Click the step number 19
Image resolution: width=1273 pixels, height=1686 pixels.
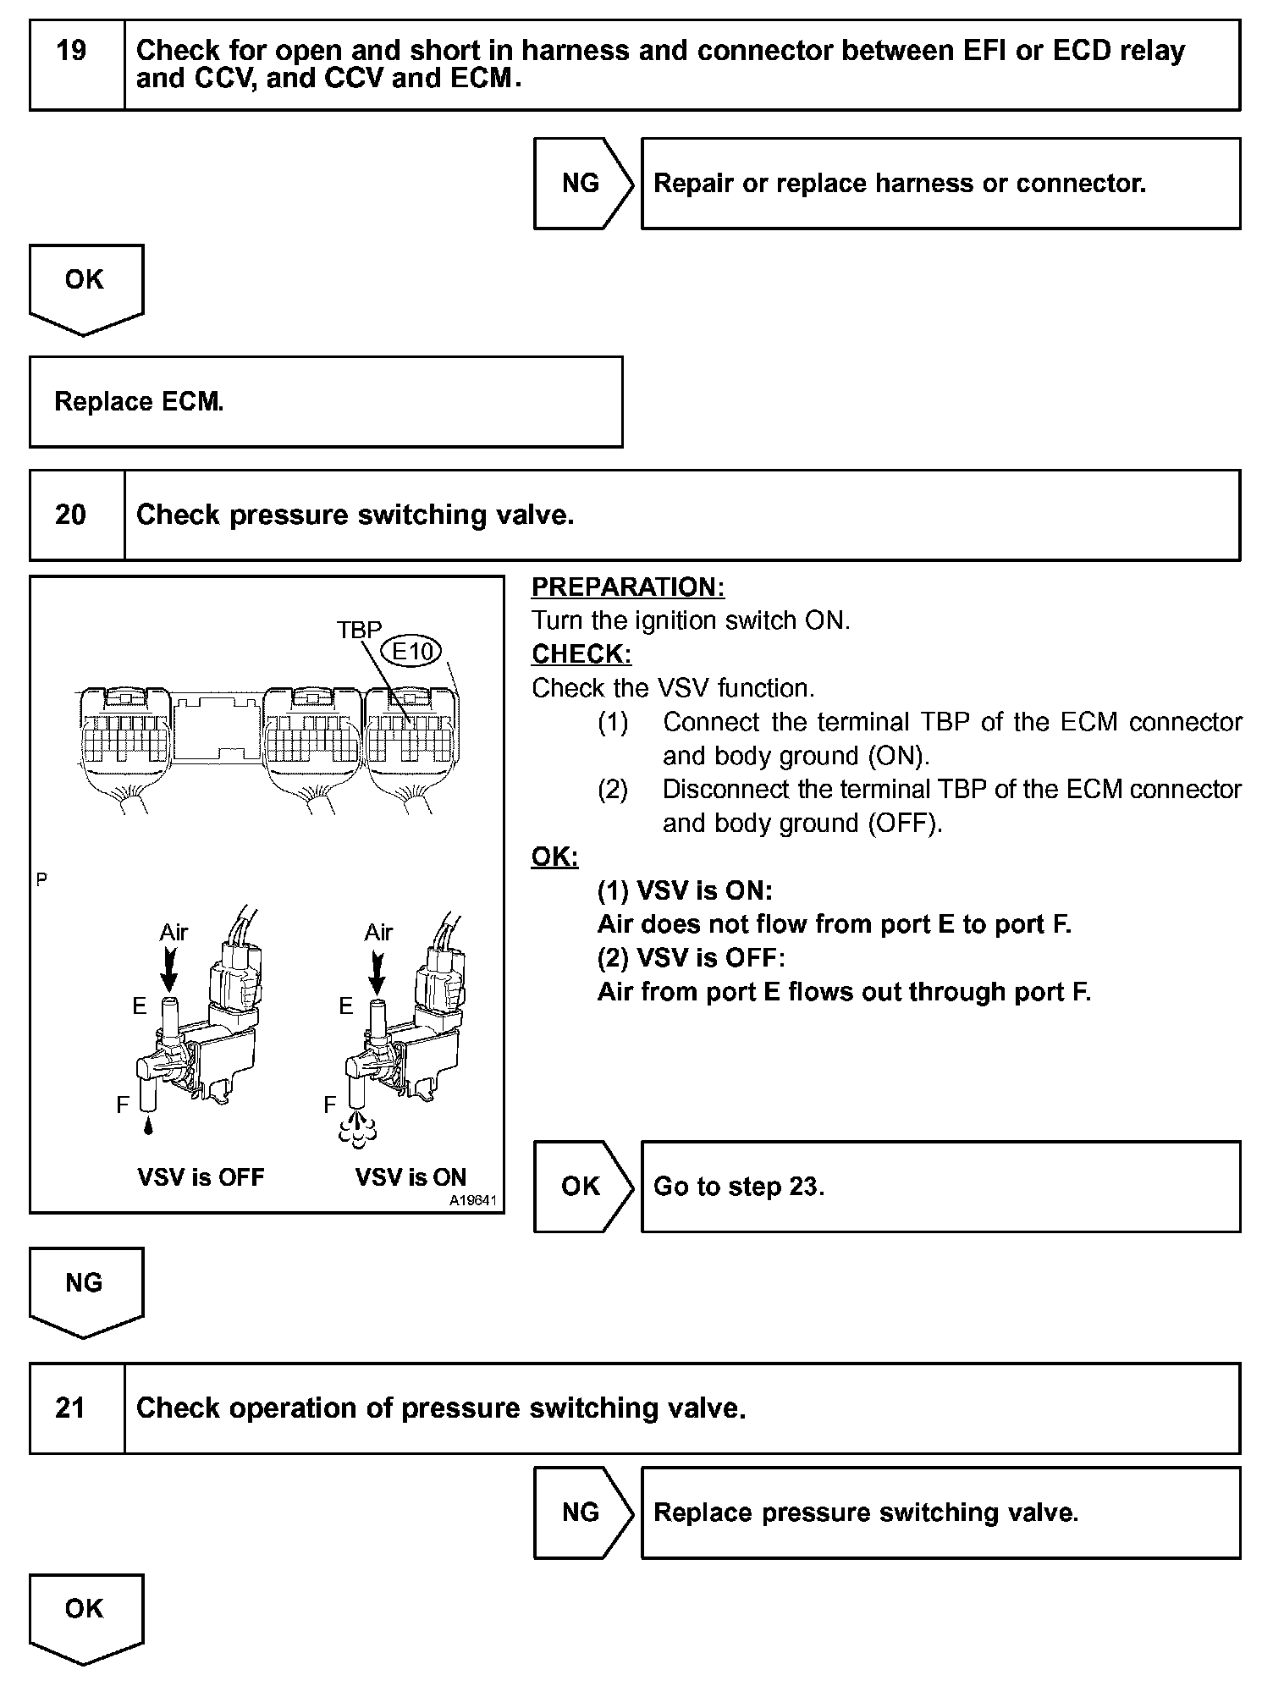click(72, 52)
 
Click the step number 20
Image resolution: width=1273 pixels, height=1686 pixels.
click(70, 515)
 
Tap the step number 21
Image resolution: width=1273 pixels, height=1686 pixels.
click(70, 1408)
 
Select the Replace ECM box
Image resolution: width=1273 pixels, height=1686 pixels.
click(326, 401)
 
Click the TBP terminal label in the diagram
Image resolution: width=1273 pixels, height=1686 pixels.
click(359, 630)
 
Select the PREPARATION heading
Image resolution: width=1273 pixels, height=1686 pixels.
click(628, 587)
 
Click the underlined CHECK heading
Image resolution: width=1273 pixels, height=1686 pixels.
click(581, 654)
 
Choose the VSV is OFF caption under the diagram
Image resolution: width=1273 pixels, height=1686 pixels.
click(201, 1177)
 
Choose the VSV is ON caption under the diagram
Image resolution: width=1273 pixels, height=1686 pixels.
click(411, 1177)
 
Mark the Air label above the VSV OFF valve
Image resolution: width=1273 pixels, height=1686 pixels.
click(174, 933)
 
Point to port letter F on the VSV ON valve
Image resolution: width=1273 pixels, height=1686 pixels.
click(330, 1105)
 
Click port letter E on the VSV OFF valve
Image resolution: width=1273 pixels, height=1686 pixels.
click(140, 1006)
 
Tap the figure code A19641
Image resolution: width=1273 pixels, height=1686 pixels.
click(473, 1200)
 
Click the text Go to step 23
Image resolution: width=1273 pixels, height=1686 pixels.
click(739, 1187)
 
